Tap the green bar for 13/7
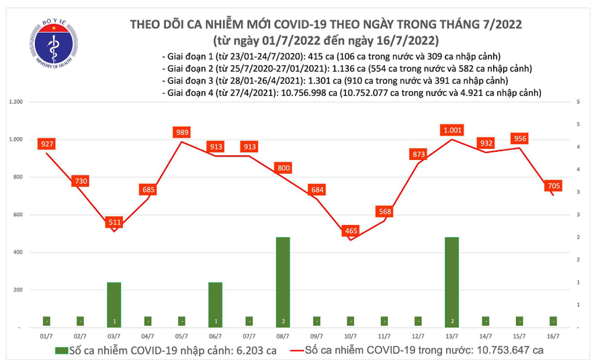(452, 282)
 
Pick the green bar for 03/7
(114, 304)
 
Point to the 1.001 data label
(452, 130)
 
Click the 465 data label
(350, 230)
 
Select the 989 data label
(182, 132)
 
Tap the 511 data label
(114, 222)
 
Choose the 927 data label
(46, 144)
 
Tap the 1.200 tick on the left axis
(15, 102)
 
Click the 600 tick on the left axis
(18, 215)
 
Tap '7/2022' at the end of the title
(499, 24)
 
